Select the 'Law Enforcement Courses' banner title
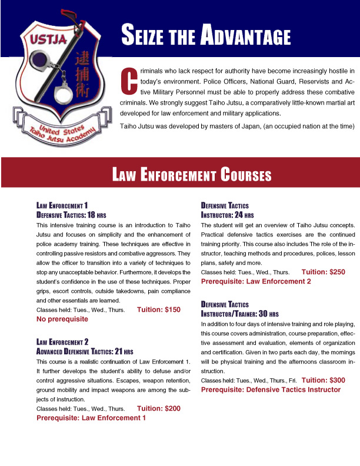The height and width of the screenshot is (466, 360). click(x=191, y=175)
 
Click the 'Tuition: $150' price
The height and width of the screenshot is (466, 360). click(x=158, y=309)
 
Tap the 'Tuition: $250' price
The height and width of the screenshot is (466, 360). click(x=323, y=272)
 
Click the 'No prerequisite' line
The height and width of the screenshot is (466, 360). click(x=62, y=319)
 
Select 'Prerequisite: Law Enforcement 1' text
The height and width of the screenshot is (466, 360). click(x=91, y=418)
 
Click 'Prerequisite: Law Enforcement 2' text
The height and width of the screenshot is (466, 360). click(x=256, y=282)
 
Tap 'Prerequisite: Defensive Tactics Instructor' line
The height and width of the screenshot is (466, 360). click(x=271, y=373)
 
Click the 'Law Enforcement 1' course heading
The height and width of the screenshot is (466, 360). click(x=62, y=206)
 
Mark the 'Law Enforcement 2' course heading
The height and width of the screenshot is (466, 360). click(x=62, y=341)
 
